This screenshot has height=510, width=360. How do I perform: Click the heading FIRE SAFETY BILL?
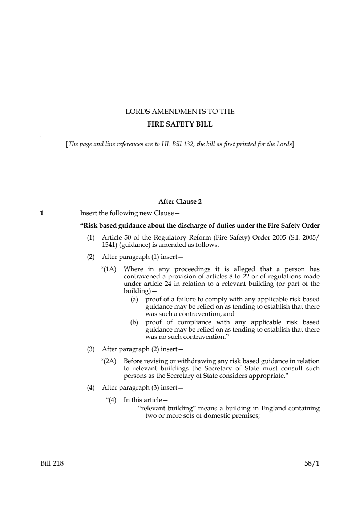click(180, 124)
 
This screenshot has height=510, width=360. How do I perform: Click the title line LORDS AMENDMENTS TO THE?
click(180, 112)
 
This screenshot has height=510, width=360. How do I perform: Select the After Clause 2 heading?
click(180, 201)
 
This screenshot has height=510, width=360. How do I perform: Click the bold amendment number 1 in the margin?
click(42, 213)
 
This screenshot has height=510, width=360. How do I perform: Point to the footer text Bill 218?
click(52, 463)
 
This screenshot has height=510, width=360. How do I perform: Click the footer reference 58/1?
click(312, 463)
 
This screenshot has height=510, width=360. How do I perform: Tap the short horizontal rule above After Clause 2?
click(180, 175)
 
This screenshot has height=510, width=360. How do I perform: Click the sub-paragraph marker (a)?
click(134, 300)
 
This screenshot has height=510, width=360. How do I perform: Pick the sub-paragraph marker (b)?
click(134, 322)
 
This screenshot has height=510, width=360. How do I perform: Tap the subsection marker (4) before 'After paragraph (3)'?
click(90, 388)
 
